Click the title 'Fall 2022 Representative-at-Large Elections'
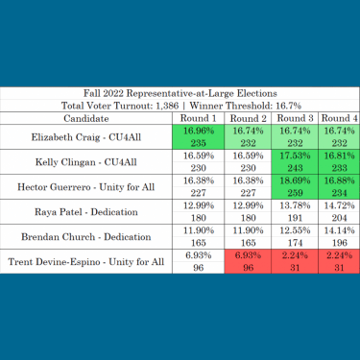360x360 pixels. coord(180,91)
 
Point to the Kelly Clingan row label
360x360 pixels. coord(86,164)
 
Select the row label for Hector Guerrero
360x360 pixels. coord(86,191)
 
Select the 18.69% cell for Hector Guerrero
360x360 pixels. coord(291,183)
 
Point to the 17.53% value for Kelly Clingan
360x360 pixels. coord(291,156)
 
